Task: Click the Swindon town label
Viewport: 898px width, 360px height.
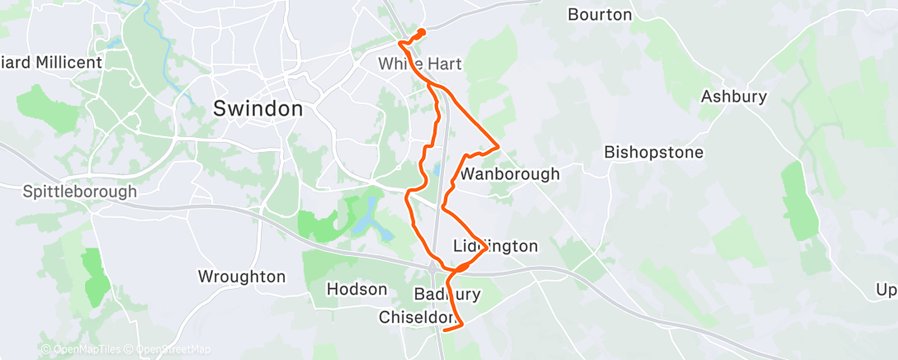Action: [x=258, y=109]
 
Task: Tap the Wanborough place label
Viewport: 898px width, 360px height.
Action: [x=509, y=174]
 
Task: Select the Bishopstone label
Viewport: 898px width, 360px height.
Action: [x=654, y=153]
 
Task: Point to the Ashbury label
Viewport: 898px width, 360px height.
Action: [x=734, y=97]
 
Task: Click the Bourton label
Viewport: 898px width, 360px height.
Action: [x=600, y=15]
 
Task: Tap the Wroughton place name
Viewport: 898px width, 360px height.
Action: [x=242, y=277]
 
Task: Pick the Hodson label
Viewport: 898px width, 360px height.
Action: [x=357, y=290]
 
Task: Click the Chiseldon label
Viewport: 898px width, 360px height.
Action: [x=418, y=317]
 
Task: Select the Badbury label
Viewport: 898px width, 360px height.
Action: [x=447, y=295]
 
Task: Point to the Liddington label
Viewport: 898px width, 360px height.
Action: [x=496, y=247]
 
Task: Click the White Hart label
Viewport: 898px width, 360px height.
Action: [x=419, y=64]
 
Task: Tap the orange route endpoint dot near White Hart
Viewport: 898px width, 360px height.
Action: [x=422, y=32]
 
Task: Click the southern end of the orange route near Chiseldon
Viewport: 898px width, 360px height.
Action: [x=445, y=329]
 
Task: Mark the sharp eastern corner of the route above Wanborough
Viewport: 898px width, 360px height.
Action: [x=499, y=147]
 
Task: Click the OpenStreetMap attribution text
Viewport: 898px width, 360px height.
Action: [x=173, y=350]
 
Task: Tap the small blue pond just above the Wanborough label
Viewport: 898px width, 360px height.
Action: [x=435, y=171]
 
